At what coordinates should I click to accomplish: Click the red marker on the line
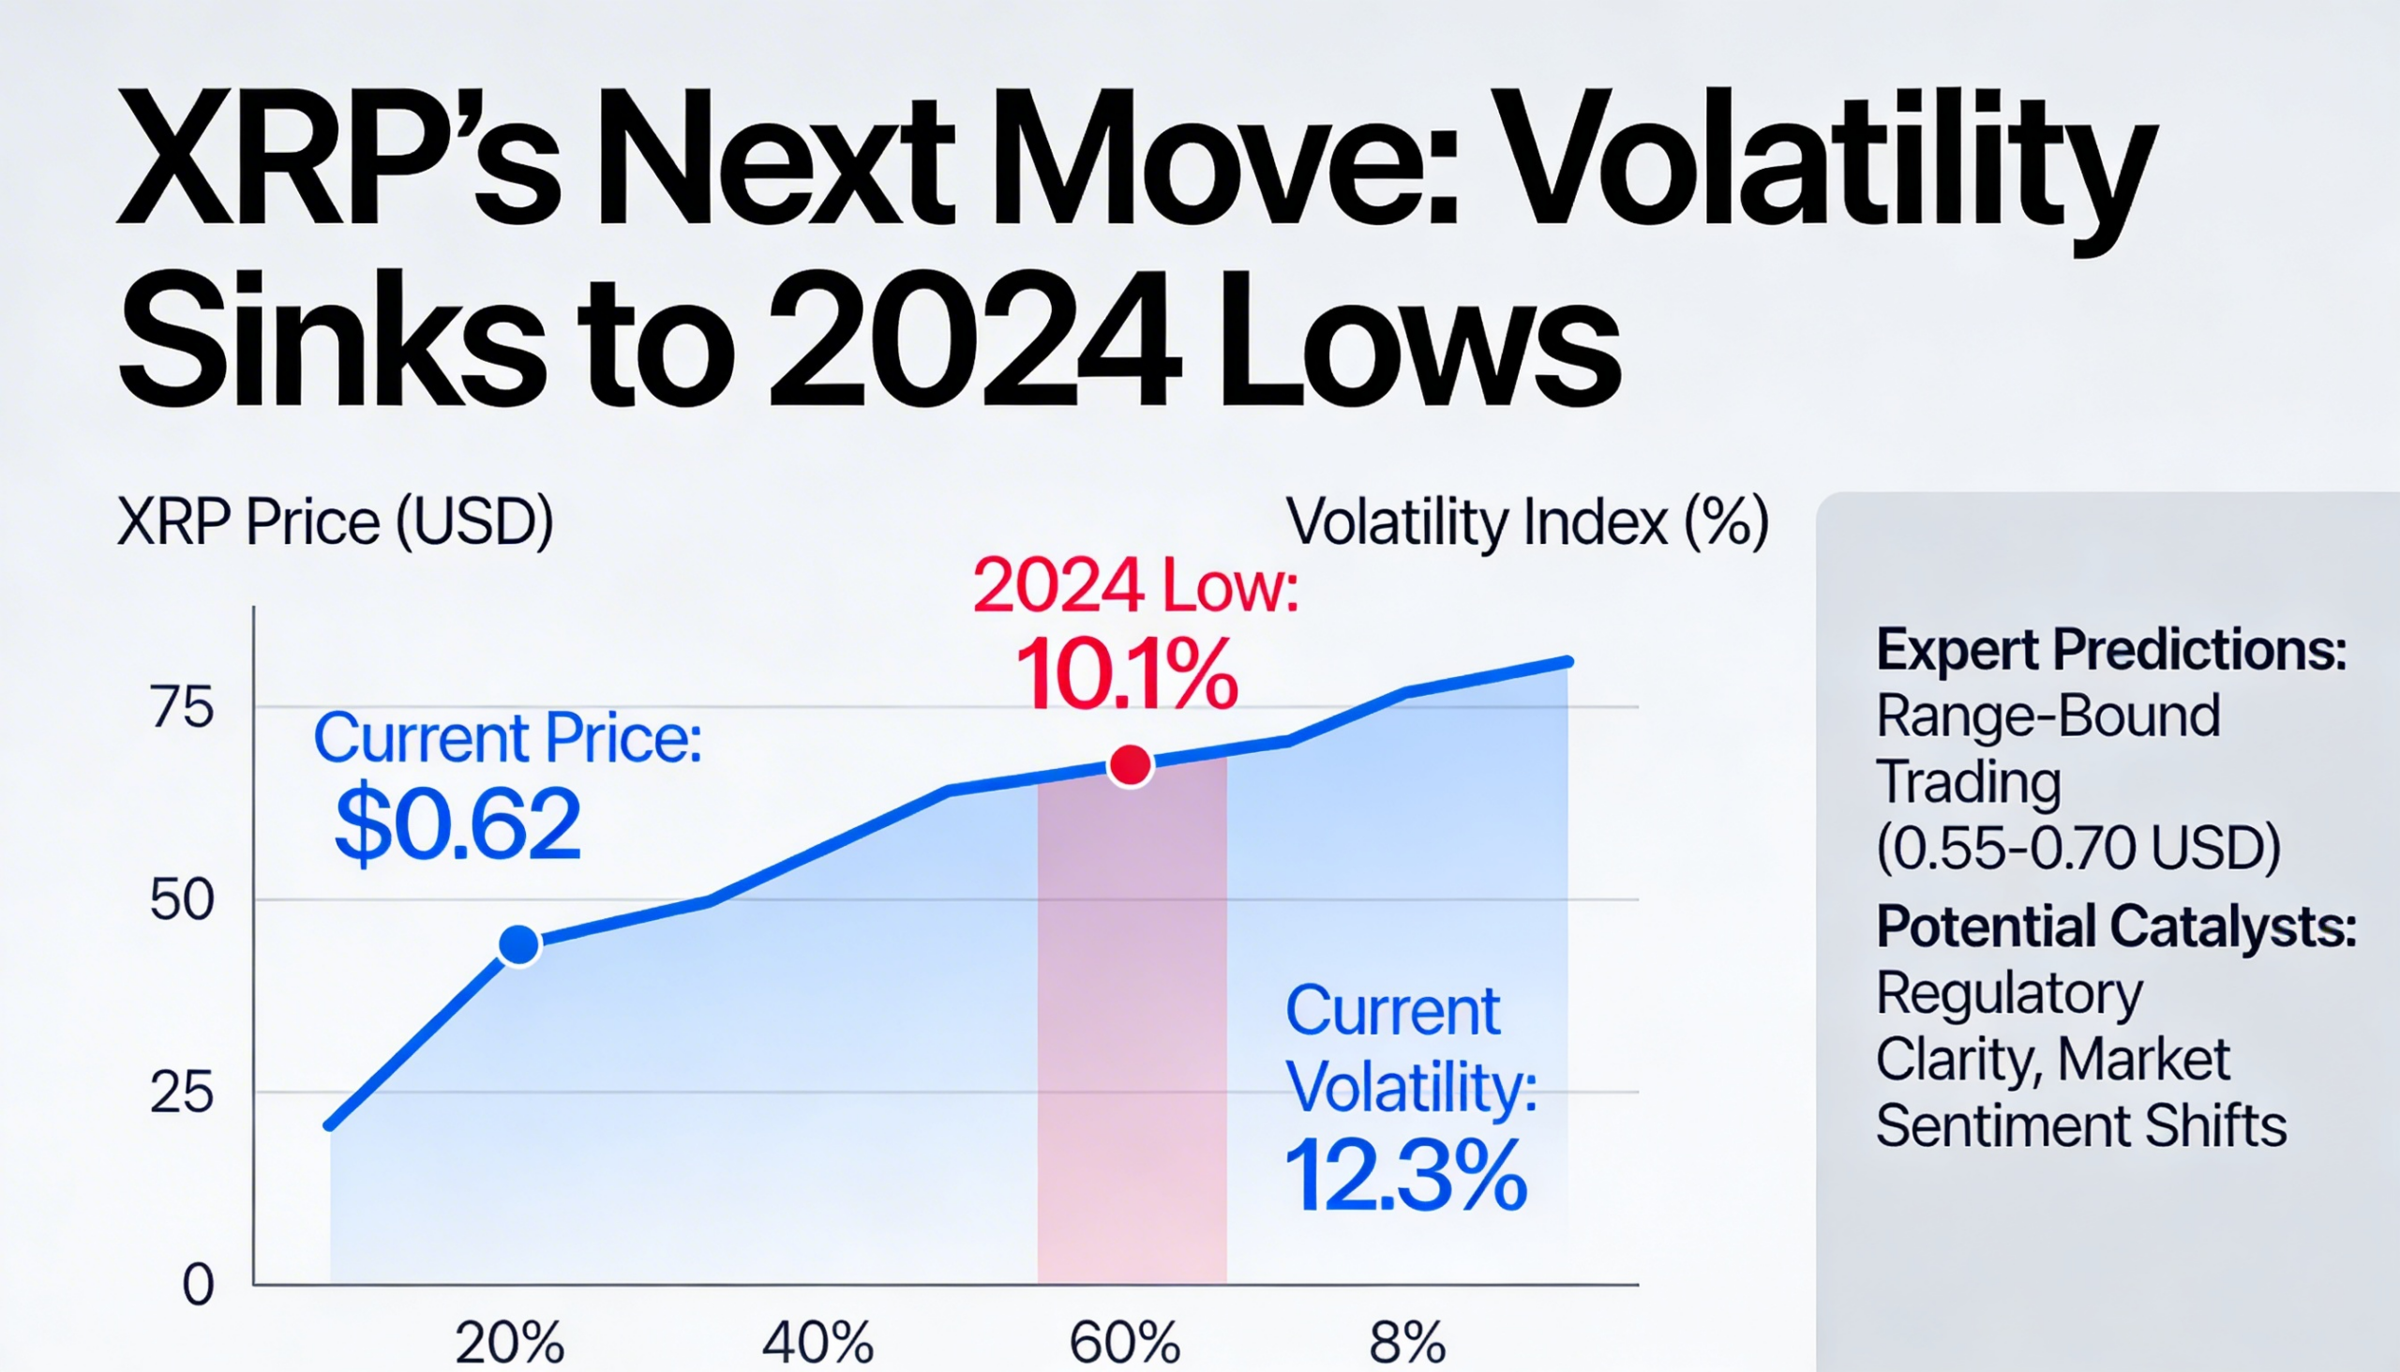click(x=1131, y=765)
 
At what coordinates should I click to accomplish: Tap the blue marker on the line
click(x=519, y=944)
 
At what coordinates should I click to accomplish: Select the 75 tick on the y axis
click(x=182, y=708)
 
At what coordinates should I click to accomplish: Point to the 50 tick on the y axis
click(x=182, y=901)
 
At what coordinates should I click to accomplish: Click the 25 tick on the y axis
click(x=182, y=1093)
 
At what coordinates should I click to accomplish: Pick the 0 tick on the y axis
click(x=198, y=1285)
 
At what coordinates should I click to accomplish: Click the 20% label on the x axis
click(x=510, y=1342)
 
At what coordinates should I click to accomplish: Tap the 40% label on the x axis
click(x=817, y=1342)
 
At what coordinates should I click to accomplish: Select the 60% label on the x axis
click(x=1125, y=1342)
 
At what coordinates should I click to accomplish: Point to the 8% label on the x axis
click(x=1407, y=1342)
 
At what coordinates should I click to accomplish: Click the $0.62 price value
click(x=457, y=825)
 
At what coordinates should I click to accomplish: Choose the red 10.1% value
click(x=1127, y=674)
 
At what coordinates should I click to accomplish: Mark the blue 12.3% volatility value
click(x=1404, y=1176)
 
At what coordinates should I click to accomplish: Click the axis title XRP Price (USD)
click(x=335, y=522)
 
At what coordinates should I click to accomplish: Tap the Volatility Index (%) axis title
click(x=1527, y=522)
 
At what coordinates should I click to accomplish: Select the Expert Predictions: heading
click(x=2111, y=650)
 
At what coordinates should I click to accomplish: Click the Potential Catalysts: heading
click(x=2116, y=927)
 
